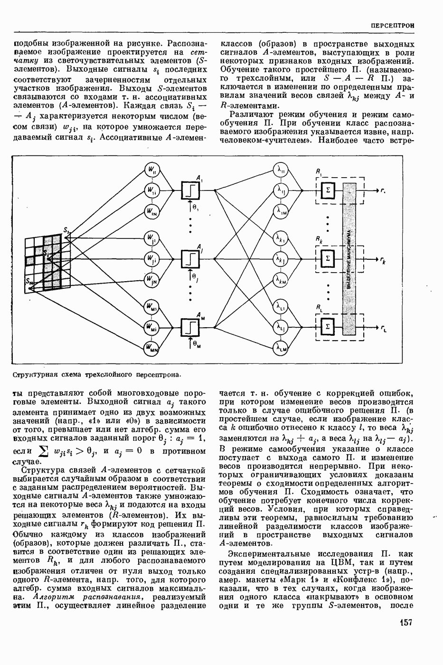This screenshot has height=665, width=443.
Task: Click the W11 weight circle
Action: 151,170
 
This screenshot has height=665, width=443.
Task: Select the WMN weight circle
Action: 151,349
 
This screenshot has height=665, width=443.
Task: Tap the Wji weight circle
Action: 151,259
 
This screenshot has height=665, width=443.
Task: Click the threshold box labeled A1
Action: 190,190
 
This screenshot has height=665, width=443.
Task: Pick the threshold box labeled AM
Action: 190,327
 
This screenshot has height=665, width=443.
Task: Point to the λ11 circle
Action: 281,170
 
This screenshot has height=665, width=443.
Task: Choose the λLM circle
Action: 281,349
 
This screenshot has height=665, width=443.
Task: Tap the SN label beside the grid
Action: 29,284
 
